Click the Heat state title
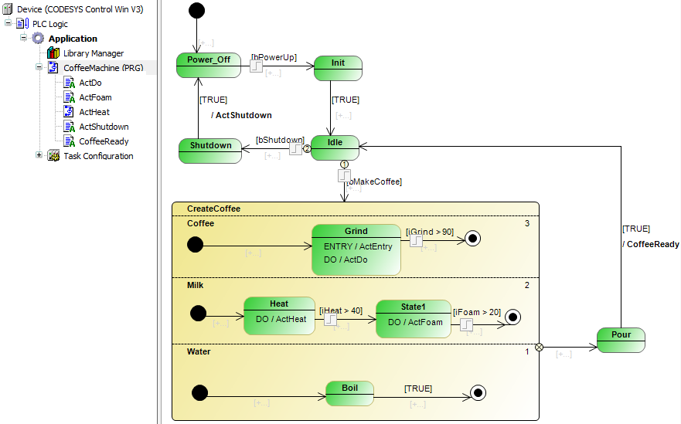279,304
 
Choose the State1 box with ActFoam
413,318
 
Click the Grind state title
356,231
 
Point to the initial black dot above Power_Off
197,10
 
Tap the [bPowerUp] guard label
274,57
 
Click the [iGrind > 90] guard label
431,230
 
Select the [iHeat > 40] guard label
341,310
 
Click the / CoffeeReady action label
651,244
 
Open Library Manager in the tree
93,53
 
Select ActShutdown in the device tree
104,127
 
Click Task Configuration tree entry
98,156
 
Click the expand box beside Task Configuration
39,155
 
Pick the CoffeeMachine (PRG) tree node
103,68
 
